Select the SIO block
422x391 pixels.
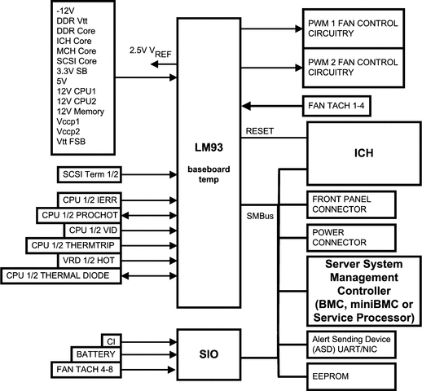pos(209,354)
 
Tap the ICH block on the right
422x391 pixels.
pos(363,152)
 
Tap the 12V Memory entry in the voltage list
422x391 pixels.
pos(79,110)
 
